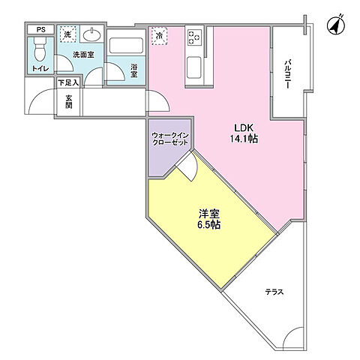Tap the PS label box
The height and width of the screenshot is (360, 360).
coord(40,31)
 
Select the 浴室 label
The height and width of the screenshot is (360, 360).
coord(133,70)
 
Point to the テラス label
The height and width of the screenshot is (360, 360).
coord(273,291)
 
